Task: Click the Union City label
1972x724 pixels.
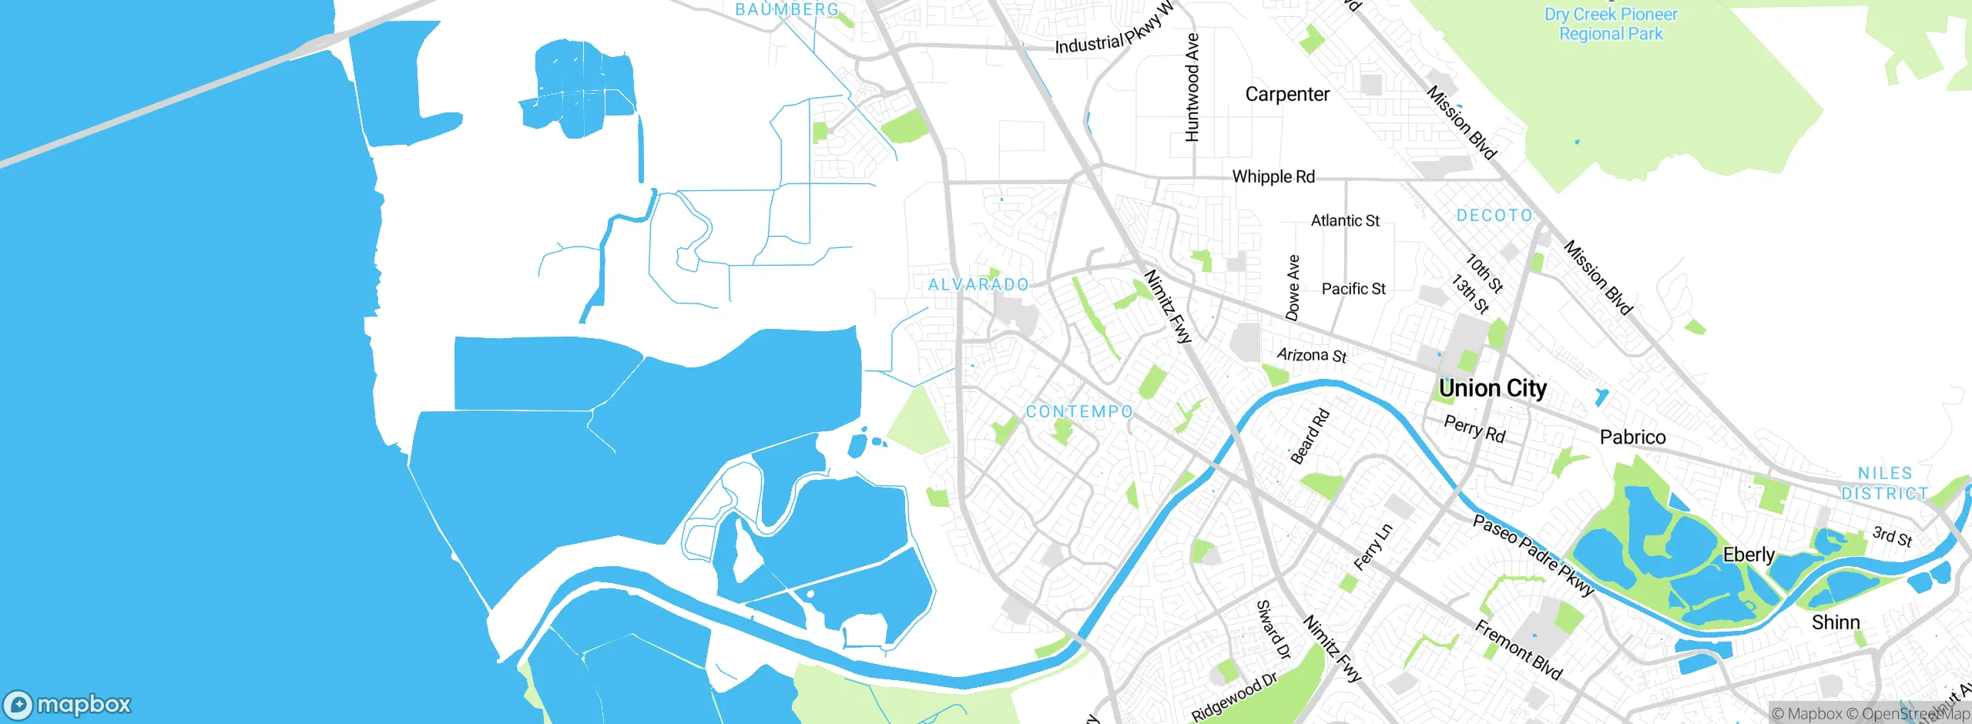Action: pos(1492,388)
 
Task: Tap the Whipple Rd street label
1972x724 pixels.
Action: pos(1273,176)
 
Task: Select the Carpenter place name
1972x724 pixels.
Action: pos(1287,94)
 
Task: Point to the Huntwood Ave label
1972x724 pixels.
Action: pos(1192,87)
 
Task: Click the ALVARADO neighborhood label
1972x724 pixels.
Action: pos(978,285)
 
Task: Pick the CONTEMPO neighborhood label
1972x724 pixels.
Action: pos(1079,412)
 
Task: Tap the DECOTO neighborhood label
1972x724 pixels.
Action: pos(1494,216)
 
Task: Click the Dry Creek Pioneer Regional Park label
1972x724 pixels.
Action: pos(1611,24)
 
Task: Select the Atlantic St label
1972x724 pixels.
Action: pos(1345,221)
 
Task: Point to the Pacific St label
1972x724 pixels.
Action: pos(1353,289)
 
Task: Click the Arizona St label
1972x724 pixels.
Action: pos(1312,355)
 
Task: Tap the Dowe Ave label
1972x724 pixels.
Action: pos(1293,288)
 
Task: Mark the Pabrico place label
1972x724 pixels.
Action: pos(1632,437)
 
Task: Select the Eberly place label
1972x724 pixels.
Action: pos(1749,555)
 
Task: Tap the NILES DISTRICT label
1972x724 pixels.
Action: pos(1884,483)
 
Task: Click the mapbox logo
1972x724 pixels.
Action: pos(68,704)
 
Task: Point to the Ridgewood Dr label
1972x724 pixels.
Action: pos(1235,697)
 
